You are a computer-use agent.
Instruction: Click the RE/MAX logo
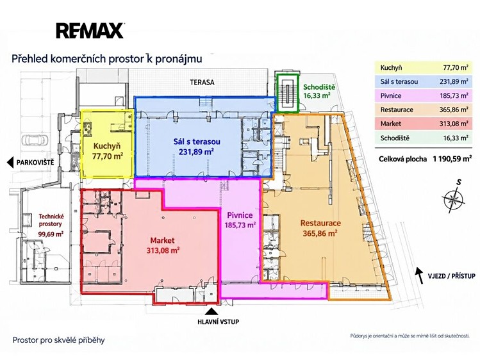pyautogui.click(x=90, y=31)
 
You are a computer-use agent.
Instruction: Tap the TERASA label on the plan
pyautogui.click(x=202, y=82)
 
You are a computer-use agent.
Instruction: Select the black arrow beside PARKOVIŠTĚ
pyautogui.click(x=11, y=163)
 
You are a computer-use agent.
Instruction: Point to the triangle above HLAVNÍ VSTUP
pyautogui.click(x=211, y=311)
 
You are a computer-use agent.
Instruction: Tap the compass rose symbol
pyautogui.click(x=454, y=199)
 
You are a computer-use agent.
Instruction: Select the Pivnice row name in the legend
pyautogui.click(x=391, y=95)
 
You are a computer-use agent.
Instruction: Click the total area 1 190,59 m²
pyautogui.click(x=452, y=159)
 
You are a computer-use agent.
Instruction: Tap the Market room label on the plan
pyautogui.click(x=162, y=240)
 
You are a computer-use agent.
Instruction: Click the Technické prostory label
pyautogui.click(x=51, y=220)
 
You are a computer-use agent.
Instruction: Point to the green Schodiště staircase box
pyautogui.click(x=287, y=93)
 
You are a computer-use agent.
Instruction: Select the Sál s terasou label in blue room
pyautogui.click(x=197, y=142)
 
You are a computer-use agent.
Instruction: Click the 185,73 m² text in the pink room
pyautogui.click(x=240, y=225)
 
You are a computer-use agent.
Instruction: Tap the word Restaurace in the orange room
pyautogui.click(x=320, y=223)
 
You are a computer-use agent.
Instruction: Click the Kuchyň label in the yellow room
pyautogui.click(x=107, y=146)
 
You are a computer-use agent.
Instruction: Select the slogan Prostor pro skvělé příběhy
pyautogui.click(x=58, y=340)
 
